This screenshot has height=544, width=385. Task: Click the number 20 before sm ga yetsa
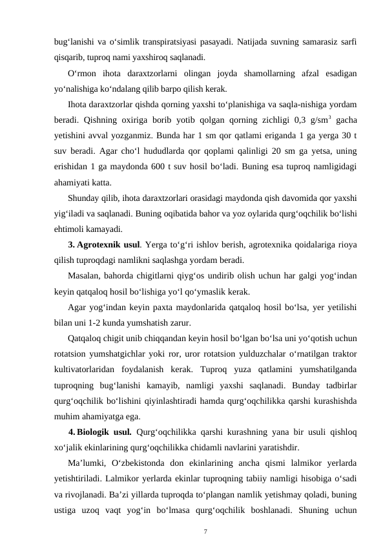click(x=278, y=152)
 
